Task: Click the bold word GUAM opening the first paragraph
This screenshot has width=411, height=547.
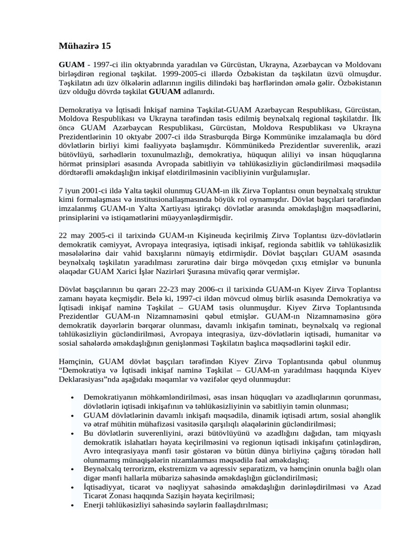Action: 71,64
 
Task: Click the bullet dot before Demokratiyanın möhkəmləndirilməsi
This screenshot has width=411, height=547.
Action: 72,397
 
